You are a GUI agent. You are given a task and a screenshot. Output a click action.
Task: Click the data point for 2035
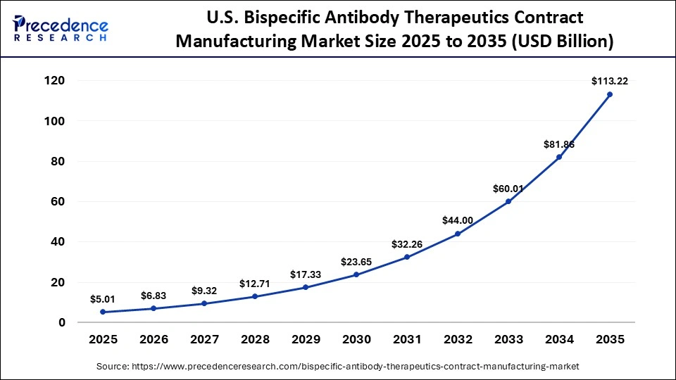tap(610, 94)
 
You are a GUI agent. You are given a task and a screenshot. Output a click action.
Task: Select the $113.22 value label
tap(610, 81)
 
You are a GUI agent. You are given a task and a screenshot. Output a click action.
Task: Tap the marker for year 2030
tap(356, 274)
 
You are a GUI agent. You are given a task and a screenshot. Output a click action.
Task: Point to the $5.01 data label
tap(103, 299)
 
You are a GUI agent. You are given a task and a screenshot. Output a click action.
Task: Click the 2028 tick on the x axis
tap(255, 339)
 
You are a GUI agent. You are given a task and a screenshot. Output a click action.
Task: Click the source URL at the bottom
tap(337, 366)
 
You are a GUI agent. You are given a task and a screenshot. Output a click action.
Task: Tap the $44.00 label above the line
tap(458, 220)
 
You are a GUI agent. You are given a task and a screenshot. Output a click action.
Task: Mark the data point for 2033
tap(508, 201)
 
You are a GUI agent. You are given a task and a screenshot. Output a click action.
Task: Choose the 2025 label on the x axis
tap(103, 339)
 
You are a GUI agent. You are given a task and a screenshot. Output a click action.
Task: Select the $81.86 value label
tap(559, 144)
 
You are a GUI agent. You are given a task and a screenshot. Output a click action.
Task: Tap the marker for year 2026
tap(154, 308)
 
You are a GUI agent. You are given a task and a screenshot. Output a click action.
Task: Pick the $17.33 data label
tap(306, 274)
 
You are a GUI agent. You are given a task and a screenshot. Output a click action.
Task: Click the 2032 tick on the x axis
tap(458, 339)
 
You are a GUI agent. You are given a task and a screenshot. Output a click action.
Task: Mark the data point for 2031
tap(407, 257)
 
